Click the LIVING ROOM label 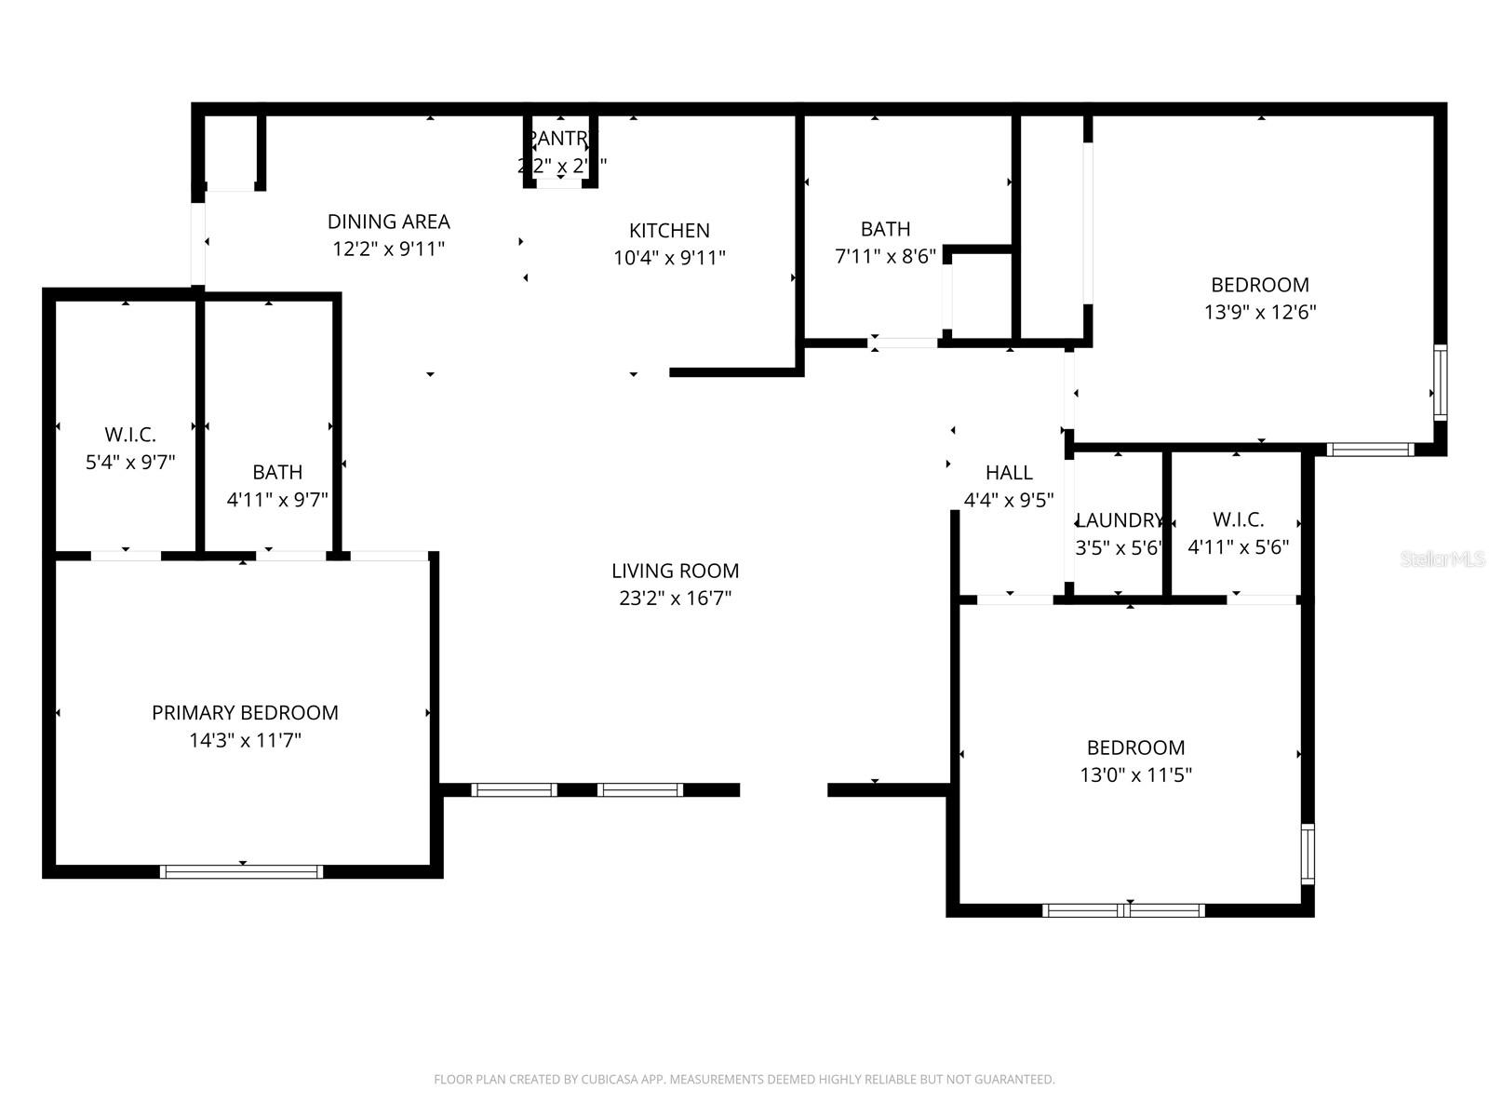pos(675,571)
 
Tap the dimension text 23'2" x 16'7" pos(675,599)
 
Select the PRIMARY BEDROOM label pos(245,713)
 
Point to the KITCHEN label pos(669,231)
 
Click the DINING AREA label pos(388,222)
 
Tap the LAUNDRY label pos(1119,520)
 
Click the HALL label pos(1009,473)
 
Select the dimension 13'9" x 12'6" pos(1260,313)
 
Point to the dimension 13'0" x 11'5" pos(1135,775)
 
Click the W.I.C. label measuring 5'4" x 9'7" pos(130,435)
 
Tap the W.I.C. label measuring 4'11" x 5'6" pos(1238,520)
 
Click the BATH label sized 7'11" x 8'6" pos(885,229)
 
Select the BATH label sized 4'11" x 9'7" pos(277,473)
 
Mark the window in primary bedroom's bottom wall pos(242,872)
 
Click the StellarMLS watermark pos(1442,559)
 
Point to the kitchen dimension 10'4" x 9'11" pos(669,259)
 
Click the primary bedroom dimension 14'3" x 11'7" pos(245,741)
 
